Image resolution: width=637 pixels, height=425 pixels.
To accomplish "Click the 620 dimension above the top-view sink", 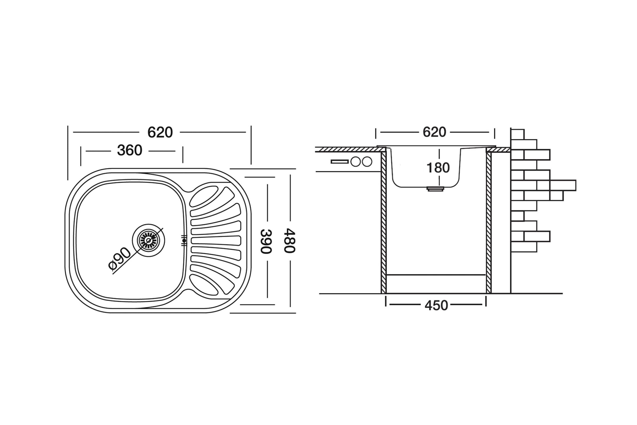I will click(x=160, y=132).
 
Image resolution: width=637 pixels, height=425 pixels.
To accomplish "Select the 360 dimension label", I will click(x=130, y=150).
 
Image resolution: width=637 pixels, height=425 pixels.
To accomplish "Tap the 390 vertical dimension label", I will click(x=266, y=241).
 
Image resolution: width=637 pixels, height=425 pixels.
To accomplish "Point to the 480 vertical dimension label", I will click(x=289, y=241).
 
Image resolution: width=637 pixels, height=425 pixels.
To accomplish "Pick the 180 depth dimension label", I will click(x=438, y=168).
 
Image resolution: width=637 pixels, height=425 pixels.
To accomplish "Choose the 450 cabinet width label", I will click(x=436, y=305).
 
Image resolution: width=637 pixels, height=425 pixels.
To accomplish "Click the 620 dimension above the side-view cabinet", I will click(x=434, y=132).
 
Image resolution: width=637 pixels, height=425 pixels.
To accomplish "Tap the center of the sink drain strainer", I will click(x=148, y=240).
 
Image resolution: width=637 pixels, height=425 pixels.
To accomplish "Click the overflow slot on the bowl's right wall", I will click(x=184, y=240).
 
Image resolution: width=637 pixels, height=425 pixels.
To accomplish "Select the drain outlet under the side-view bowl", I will click(x=435, y=189).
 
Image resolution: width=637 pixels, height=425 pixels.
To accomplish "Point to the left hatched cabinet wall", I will click(x=383, y=222).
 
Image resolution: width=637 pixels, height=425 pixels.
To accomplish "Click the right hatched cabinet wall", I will click(x=489, y=222).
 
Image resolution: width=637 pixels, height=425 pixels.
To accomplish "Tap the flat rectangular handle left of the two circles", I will click(x=340, y=162).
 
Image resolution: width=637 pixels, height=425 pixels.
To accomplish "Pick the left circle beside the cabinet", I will click(x=356, y=162).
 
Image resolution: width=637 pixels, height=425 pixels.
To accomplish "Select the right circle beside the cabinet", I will click(x=367, y=162).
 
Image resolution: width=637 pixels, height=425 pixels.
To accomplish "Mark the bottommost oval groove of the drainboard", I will click(x=204, y=285).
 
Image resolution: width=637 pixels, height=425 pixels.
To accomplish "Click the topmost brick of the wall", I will click(x=518, y=134).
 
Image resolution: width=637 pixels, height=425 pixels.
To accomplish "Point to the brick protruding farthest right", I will click(x=563, y=185).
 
